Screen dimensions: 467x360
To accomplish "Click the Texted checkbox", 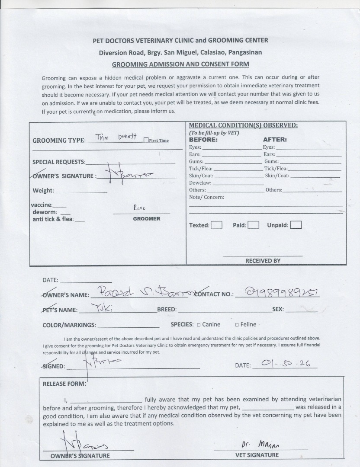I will pos(217,225).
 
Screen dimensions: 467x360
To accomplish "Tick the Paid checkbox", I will pos(254,225).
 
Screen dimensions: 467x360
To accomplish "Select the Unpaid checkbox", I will pos(296,225).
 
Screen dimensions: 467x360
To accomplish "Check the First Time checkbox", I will pos(146,140).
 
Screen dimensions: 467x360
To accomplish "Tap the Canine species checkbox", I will pos(199,325).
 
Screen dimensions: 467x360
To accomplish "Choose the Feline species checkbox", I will pos(237,325).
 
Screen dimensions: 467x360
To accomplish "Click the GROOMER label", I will pos(146,219).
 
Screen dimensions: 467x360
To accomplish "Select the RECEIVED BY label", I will pos(263,261).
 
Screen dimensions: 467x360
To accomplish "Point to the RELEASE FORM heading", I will pos(64,384).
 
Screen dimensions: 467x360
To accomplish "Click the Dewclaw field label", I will pos(200,183).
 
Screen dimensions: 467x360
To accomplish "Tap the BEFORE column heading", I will pos(203,140).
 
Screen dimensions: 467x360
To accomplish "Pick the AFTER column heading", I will pos(275,140).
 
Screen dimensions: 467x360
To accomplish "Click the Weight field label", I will pos(43,191).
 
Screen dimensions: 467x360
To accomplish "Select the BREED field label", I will pos(167,310).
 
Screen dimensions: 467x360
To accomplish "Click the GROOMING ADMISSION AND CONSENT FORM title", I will pos(180,64).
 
